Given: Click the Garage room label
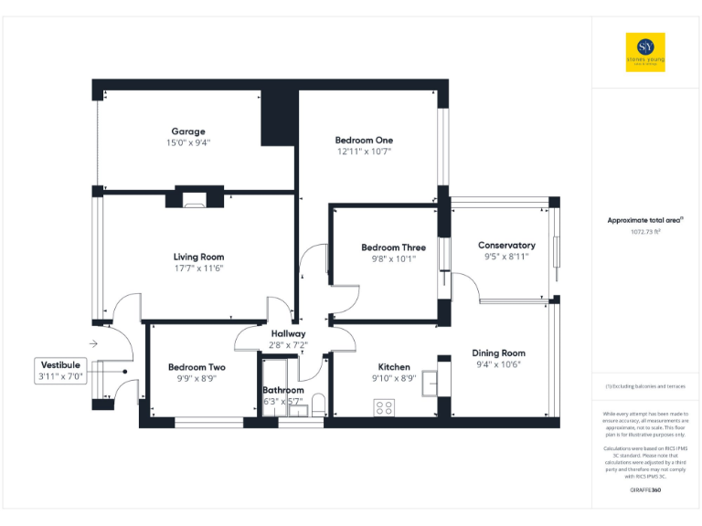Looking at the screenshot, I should click(187, 131).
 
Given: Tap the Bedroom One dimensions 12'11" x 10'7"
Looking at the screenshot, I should click(364, 152).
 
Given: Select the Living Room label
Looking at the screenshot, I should click(198, 257).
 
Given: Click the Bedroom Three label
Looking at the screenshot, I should click(393, 247).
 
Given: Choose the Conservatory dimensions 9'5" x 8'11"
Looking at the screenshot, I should click(506, 257).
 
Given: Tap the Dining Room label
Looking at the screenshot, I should click(498, 352).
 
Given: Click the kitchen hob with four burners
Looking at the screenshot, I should click(384, 407).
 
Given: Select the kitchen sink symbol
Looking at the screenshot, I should click(431, 384).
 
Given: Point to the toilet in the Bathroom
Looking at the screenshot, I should click(317, 404).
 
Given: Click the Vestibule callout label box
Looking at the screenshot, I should click(61, 370).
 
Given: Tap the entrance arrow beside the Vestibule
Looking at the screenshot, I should click(93, 343).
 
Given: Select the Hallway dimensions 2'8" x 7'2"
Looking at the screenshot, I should click(288, 345).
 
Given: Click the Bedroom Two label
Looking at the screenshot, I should click(197, 367).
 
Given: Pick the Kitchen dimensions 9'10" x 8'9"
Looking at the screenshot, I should click(394, 378).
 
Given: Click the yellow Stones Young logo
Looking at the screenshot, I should click(645, 52).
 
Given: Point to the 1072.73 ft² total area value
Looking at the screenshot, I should click(645, 232).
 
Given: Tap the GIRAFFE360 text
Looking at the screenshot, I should click(645, 490).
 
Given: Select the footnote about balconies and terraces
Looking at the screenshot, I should click(645, 387).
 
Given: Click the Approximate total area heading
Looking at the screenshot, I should click(645, 220).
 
